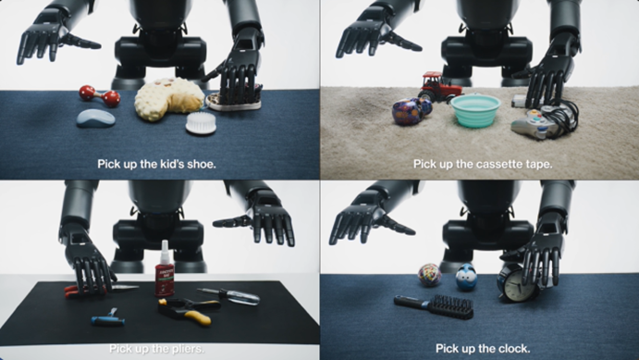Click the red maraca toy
100,96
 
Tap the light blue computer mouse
96,118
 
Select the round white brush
201,123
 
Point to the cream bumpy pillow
168,99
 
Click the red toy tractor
439,86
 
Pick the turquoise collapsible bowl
475,110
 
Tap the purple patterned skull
411,111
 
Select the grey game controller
537,122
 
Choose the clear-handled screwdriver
228,295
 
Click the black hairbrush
435,305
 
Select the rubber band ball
429,274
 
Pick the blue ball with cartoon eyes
466,278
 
